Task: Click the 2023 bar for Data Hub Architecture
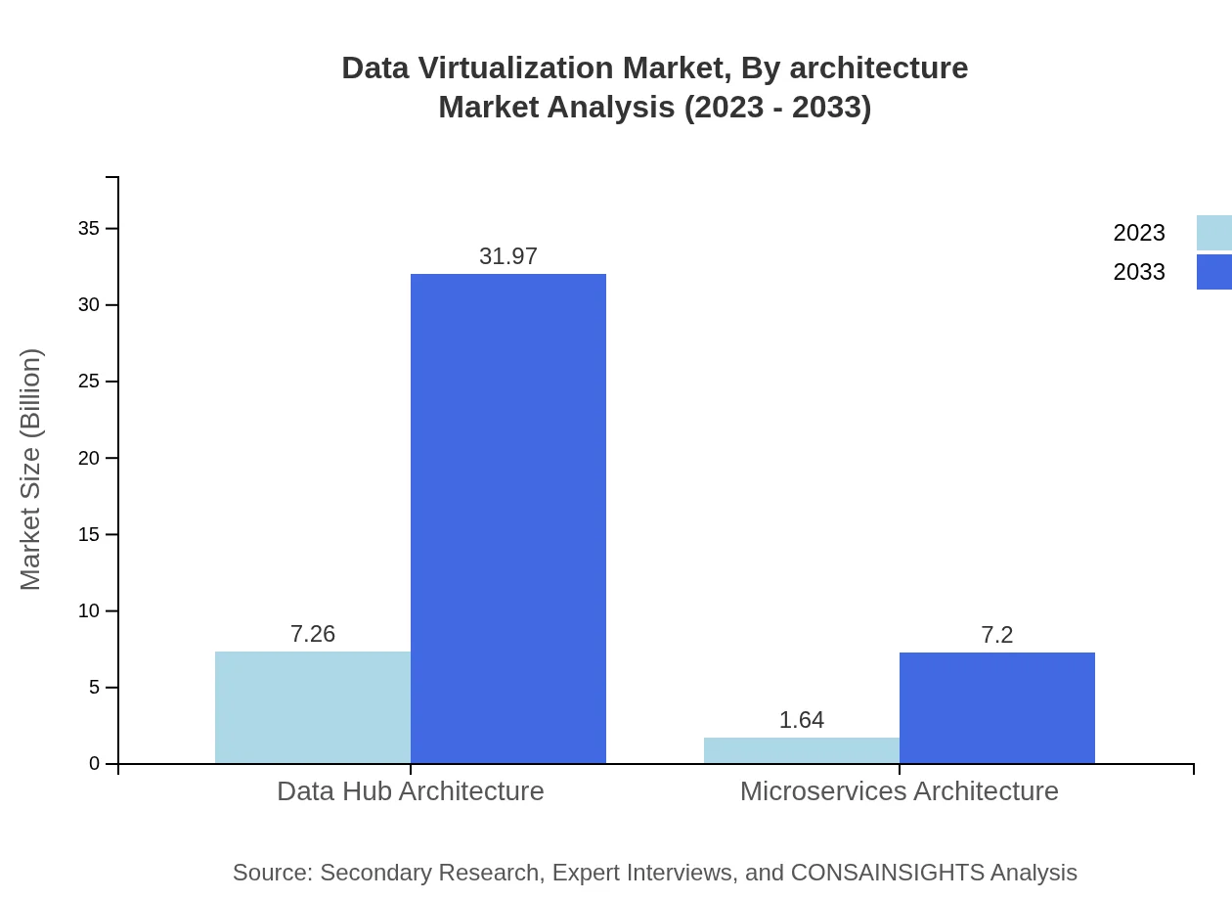click(313, 707)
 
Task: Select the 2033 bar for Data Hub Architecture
click(508, 518)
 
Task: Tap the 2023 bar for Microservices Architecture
click(802, 750)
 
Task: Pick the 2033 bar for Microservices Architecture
click(997, 707)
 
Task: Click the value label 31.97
click(508, 256)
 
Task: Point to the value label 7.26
click(313, 634)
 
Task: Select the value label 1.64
click(802, 720)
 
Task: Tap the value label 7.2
click(997, 635)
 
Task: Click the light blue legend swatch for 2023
click(1213, 233)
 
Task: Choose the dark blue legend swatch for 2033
click(1213, 272)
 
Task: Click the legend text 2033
click(1139, 272)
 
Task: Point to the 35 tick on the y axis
click(89, 229)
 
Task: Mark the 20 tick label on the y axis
click(89, 458)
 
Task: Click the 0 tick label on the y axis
click(95, 764)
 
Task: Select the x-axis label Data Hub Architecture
click(411, 790)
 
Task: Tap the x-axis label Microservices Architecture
click(900, 790)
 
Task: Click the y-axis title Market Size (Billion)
click(31, 470)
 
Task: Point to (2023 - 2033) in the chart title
click(777, 108)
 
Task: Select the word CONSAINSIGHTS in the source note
click(889, 873)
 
